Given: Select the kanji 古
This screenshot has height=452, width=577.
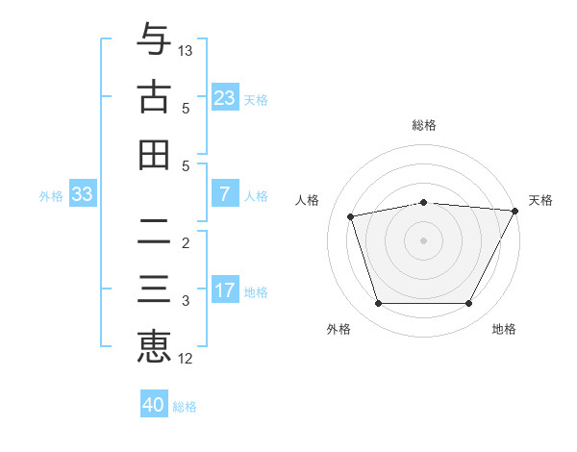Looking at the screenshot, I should click(x=154, y=97).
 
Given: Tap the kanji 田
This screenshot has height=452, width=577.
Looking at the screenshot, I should click(x=154, y=154).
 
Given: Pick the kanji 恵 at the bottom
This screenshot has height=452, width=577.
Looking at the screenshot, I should click(x=154, y=345).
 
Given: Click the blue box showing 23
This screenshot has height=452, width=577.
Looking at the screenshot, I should click(x=224, y=98).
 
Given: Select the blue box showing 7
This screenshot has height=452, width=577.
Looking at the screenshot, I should click(x=224, y=194).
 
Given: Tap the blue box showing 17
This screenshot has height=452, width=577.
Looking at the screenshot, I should click(x=224, y=290).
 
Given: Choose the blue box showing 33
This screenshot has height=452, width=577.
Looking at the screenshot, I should click(x=83, y=195).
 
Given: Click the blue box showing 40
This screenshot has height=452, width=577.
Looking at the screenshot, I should click(x=153, y=405).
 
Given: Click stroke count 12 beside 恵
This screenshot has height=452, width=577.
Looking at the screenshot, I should click(x=186, y=359).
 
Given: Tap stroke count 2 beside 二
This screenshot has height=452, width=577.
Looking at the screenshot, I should click(x=186, y=242).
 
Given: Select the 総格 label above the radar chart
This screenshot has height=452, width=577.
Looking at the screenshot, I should click(x=424, y=125).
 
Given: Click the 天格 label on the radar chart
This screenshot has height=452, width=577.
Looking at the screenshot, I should click(x=540, y=200).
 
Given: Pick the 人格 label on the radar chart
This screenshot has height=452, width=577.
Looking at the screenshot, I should click(x=308, y=200).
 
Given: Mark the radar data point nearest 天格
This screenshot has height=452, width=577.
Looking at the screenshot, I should click(x=516, y=211).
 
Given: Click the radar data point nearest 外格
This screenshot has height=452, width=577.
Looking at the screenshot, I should click(x=378, y=304).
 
